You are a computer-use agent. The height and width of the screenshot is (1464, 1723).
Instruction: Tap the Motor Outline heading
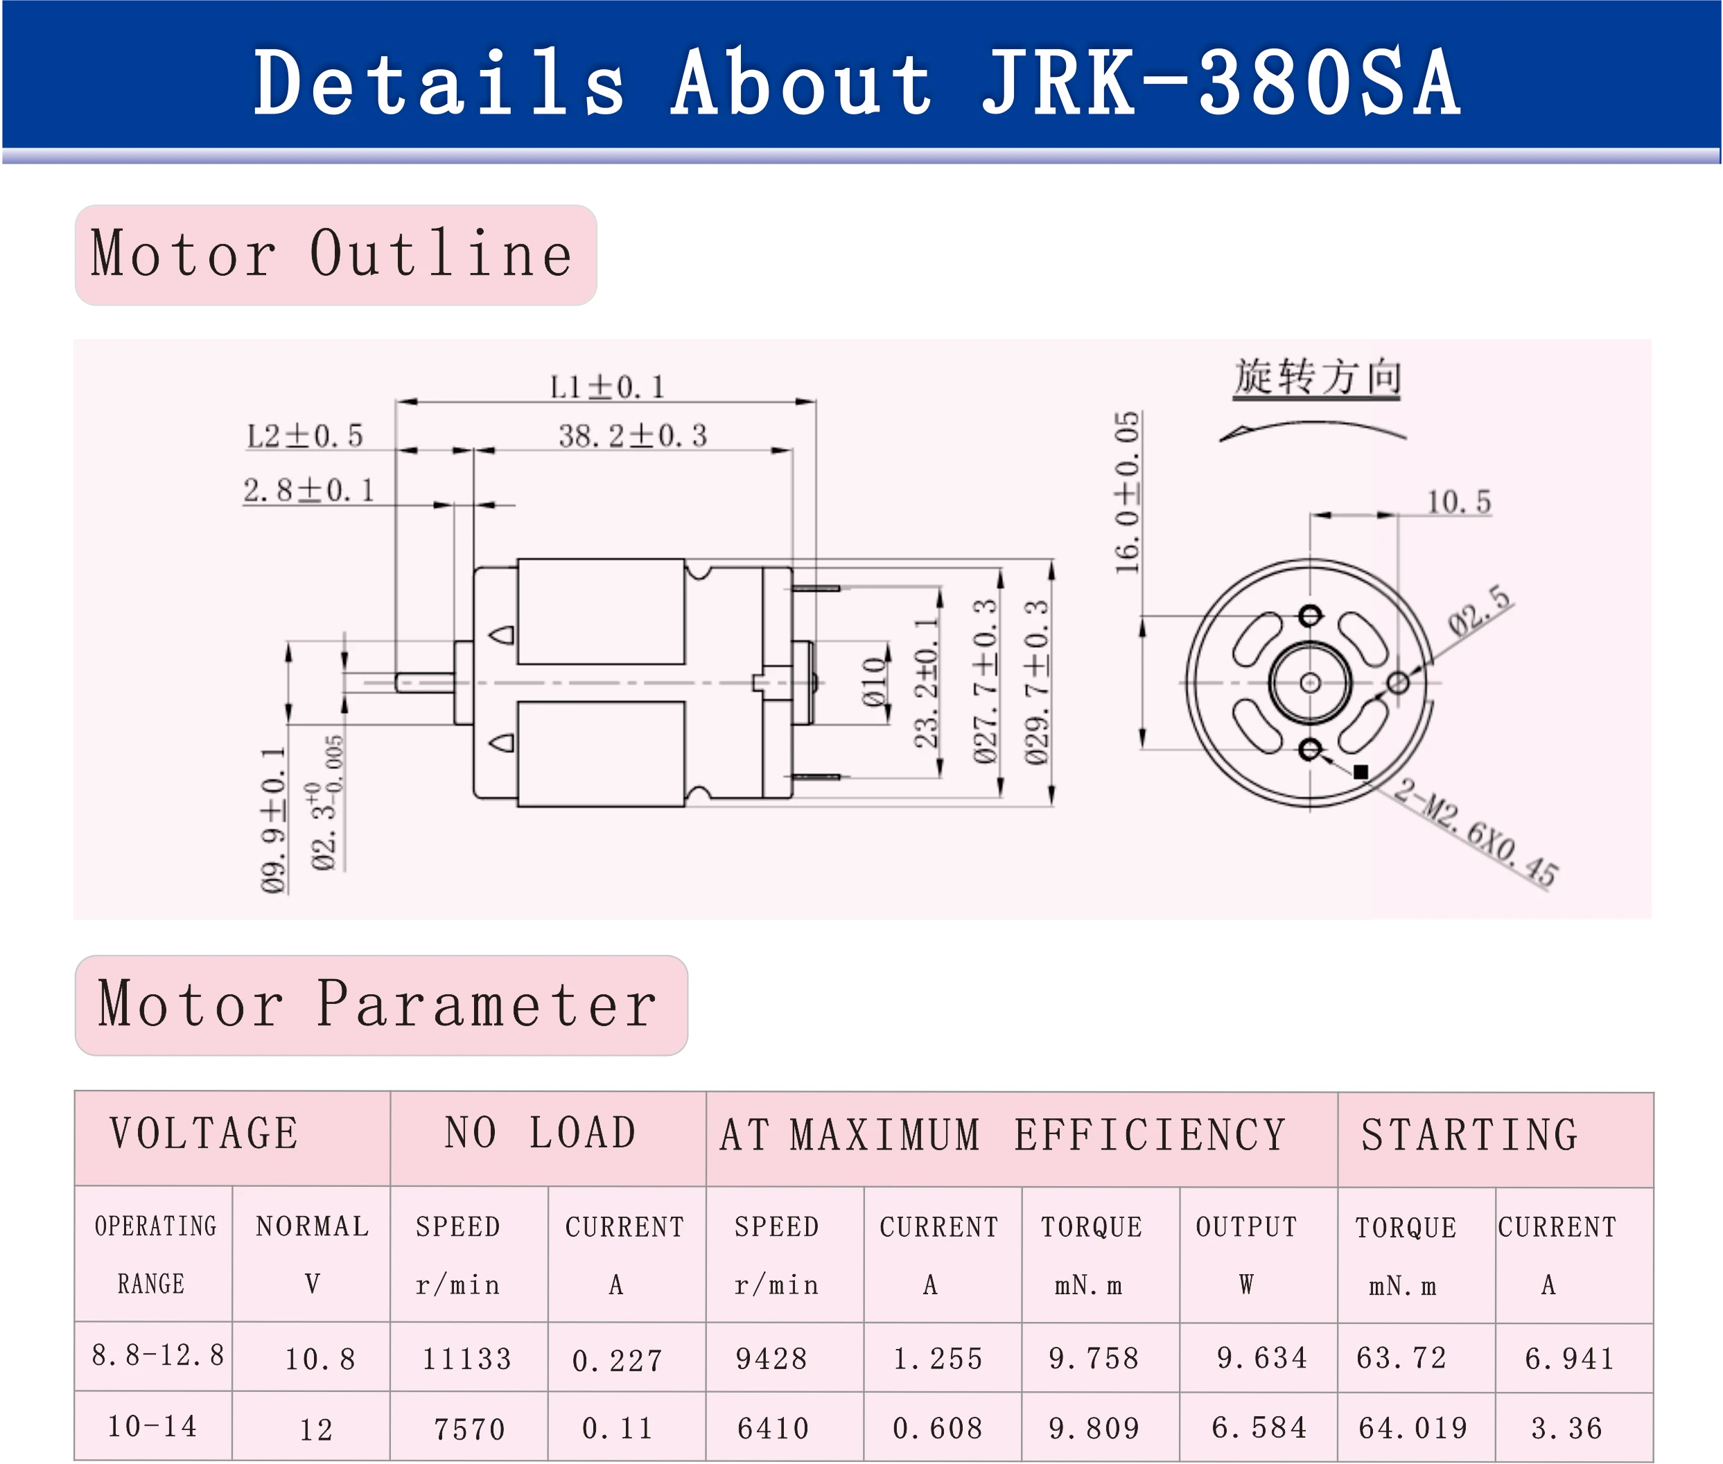332,254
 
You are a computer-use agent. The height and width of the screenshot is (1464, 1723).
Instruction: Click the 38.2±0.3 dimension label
632,436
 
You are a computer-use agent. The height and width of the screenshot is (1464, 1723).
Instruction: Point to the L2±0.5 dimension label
305,436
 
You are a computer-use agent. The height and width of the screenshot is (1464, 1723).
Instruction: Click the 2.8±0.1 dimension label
308,491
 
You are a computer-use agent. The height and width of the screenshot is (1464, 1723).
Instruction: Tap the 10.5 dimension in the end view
1458,502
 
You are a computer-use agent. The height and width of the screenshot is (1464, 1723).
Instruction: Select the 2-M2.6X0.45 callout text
1476,834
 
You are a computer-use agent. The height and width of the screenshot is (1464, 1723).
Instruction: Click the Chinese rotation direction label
1317,378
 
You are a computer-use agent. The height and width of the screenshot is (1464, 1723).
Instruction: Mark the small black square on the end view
1360,772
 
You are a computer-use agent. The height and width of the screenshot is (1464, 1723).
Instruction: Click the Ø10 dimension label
873,682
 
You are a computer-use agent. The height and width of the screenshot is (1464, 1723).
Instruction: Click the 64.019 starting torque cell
1412,1427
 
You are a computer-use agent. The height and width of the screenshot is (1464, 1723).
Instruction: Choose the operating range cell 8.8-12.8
157,1355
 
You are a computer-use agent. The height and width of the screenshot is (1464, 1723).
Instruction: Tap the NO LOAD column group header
541,1134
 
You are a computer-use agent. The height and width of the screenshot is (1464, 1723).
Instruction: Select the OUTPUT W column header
1246,1254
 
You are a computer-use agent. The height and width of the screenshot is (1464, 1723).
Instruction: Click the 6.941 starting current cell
1569,1359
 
